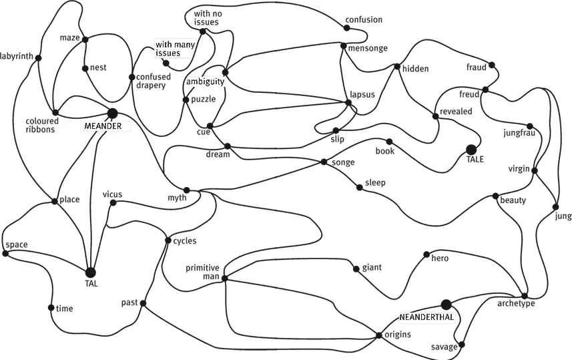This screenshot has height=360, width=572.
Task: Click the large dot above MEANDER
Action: pos(112,114)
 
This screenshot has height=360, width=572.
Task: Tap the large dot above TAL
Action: pos(90,272)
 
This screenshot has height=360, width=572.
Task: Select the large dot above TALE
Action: pos(471,150)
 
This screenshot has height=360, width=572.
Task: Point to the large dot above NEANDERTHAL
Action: pos(447,305)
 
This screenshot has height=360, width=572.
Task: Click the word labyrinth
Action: pos(17,55)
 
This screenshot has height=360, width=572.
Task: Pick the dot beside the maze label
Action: pos(85,39)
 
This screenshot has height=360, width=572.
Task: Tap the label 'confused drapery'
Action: pos(154,81)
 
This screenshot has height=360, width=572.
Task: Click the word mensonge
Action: pos(367,47)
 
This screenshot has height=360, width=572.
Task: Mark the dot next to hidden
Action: pos(396,67)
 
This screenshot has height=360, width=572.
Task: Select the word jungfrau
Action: pos(519,133)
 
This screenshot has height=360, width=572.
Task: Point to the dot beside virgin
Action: pos(535,170)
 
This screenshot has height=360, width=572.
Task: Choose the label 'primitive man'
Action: pos(202,273)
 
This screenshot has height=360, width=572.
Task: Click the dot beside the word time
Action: pos(51,308)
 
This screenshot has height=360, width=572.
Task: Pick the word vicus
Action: pos(112,194)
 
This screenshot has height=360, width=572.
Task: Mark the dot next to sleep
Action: pos(359,188)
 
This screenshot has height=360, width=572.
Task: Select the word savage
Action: pos(444,347)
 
